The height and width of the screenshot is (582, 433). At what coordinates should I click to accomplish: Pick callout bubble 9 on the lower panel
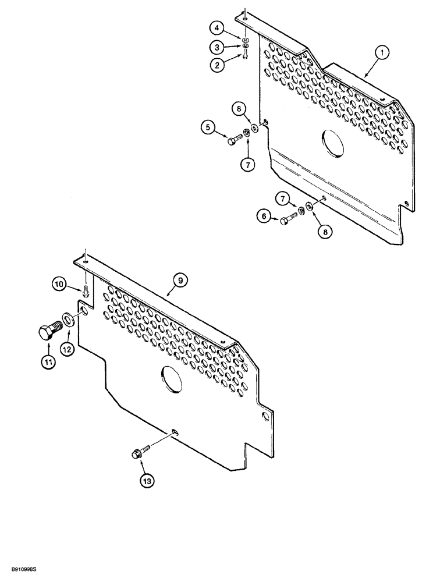click(180, 281)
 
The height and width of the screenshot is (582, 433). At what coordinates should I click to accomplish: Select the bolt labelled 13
click(142, 453)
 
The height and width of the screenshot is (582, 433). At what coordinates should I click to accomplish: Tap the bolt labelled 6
click(288, 219)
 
